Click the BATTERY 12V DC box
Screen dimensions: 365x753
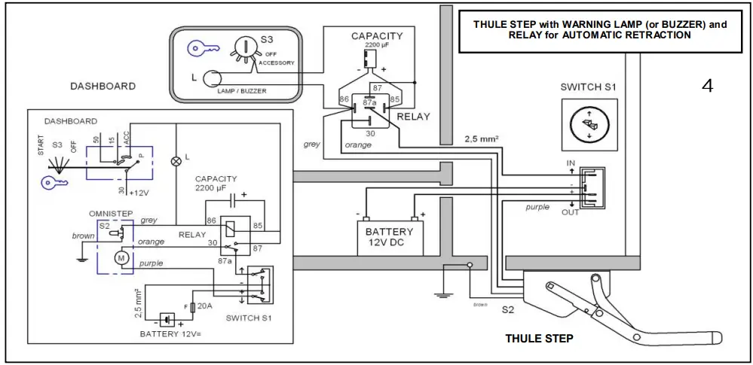tap(389, 237)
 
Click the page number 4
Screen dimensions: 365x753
tap(706, 86)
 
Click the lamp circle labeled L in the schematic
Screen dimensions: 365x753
tap(177, 160)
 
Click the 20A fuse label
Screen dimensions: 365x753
tap(204, 306)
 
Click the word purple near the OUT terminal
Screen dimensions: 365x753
tap(537, 207)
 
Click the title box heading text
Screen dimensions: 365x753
tap(600, 29)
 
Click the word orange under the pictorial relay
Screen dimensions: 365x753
tap(357, 144)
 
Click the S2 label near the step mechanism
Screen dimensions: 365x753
tap(508, 309)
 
